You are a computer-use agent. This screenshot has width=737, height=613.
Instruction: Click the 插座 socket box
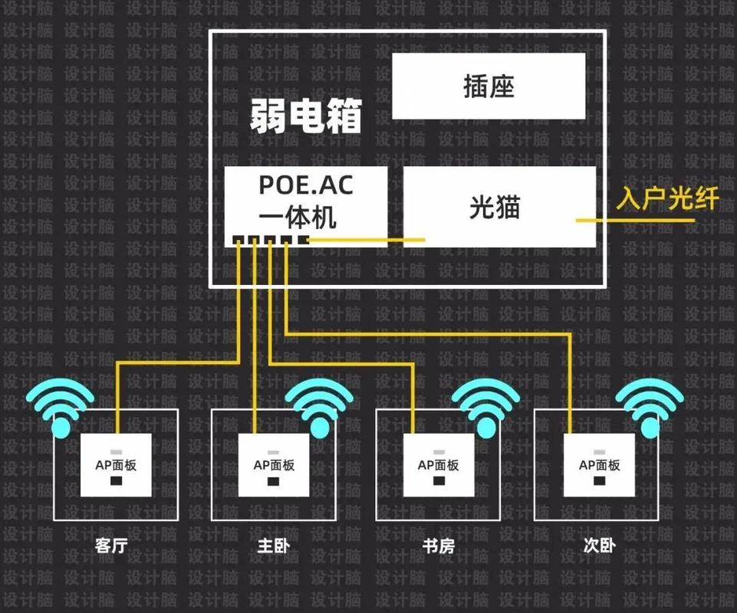(x=489, y=86)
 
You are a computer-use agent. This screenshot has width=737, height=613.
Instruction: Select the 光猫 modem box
(x=498, y=207)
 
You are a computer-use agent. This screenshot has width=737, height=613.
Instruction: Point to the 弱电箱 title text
(x=305, y=116)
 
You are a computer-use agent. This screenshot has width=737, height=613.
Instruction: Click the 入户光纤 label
(x=667, y=199)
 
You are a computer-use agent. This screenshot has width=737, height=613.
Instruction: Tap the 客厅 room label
(x=115, y=546)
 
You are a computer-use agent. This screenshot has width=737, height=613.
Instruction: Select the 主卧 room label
(x=274, y=546)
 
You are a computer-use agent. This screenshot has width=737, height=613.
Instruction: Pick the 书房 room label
(x=439, y=546)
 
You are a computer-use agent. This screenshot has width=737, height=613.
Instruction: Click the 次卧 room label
(x=599, y=546)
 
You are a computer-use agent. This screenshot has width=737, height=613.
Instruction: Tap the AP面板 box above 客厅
(x=116, y=464)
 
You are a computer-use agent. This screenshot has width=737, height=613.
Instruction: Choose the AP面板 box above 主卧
(x=274, y=464)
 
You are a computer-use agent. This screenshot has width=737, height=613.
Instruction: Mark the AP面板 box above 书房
(x=439, y=464)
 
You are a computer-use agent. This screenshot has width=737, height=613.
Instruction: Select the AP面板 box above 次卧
(x=599, y=464)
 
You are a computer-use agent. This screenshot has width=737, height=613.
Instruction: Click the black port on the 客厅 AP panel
(x=117, y=481)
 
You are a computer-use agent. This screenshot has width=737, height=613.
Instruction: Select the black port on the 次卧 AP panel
(x=600, y=481)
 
